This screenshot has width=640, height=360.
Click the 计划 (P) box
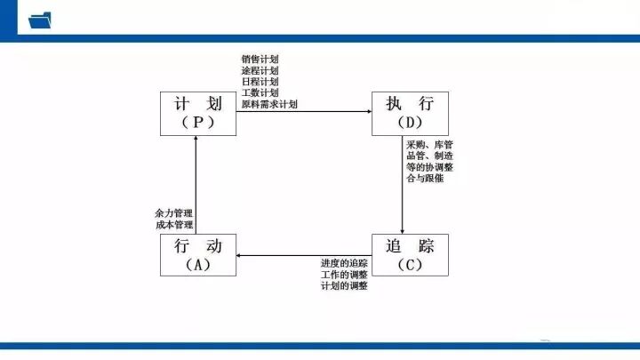click(x=198, y=113)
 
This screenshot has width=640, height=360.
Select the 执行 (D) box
click(x=410, y=113)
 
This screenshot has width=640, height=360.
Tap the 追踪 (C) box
click(x=410, y=255)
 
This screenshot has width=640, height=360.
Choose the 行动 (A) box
click(x=198, y=255)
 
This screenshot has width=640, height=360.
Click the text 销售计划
click(x=260, y=59)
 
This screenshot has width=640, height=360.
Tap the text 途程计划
click(x=260, y=70)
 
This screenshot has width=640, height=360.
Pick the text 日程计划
click(x=260, y=82)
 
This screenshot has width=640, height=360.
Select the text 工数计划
click(x=260, y=92)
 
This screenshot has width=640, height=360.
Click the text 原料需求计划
click(x=269, y=104)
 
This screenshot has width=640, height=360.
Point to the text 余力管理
click(x=173, y=213)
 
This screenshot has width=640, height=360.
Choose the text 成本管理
click(x=173, y=225)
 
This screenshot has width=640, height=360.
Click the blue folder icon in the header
click(x=41, y=20)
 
